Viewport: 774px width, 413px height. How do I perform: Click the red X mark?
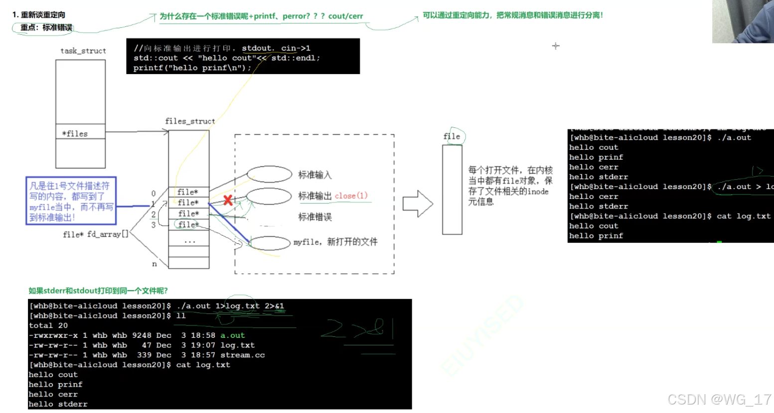pos(228,201)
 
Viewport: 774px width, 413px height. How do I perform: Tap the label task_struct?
pos(83,51)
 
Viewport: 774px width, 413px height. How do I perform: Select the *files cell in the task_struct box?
pos(80,133)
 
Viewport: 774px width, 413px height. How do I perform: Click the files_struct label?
pos(190,121)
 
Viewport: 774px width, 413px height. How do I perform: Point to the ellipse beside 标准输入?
pos(269,174)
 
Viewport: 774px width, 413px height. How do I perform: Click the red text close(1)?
pos(351,196)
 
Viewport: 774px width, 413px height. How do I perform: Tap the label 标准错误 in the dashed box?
pos(314,217)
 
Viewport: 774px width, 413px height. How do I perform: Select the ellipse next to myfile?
pos(270,243)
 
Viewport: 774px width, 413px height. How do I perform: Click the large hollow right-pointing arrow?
pos(418,204)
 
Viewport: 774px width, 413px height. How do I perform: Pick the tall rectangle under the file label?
pos(452,190)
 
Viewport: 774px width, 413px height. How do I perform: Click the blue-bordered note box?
pos(71,201)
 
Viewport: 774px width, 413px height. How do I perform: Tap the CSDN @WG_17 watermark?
pos(719,400)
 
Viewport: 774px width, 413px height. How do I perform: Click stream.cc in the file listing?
pos(243,355)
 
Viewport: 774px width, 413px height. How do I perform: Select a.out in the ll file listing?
pos(233,335)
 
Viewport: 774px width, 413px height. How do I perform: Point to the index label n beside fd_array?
pos(155,264)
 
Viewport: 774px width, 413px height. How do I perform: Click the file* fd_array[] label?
pos(96,234)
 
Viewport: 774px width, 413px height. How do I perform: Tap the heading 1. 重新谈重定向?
pos(39,15)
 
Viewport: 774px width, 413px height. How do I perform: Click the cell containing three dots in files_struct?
pos(189,241)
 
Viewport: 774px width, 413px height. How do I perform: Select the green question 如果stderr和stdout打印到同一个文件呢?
pos(98,291)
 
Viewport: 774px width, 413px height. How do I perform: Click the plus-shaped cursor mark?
pos(556,46)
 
